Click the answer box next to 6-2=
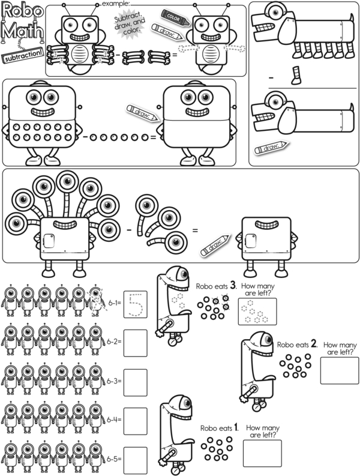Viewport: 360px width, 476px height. [135, 342]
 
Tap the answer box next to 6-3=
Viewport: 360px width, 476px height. [135, 381]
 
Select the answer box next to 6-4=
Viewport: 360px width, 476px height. [135, 420]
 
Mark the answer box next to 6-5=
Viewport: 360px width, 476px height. [135, 459]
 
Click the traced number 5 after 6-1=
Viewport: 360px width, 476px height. [135, 304]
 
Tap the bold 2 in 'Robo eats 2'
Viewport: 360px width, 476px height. [313, 345]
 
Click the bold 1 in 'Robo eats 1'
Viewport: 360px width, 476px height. [236, 427]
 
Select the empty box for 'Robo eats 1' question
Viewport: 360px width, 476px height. [262, 453]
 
